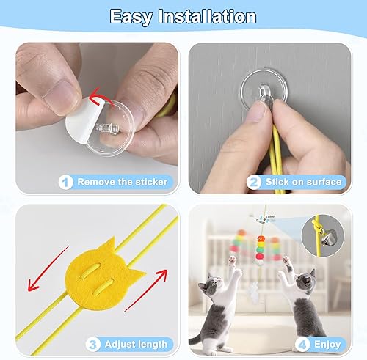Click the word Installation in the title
[211, 17]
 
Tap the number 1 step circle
[66, 181]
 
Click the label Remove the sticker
[122, 181]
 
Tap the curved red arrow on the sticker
[98, 96]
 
